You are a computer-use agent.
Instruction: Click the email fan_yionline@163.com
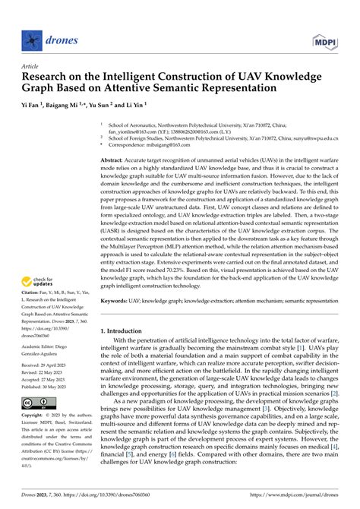click(137, 131)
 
